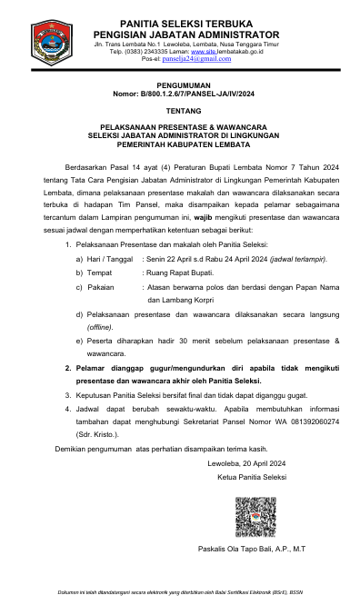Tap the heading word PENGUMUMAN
coord(180,83)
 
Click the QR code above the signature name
coord(255,517)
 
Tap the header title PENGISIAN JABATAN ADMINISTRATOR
coord(186,34)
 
